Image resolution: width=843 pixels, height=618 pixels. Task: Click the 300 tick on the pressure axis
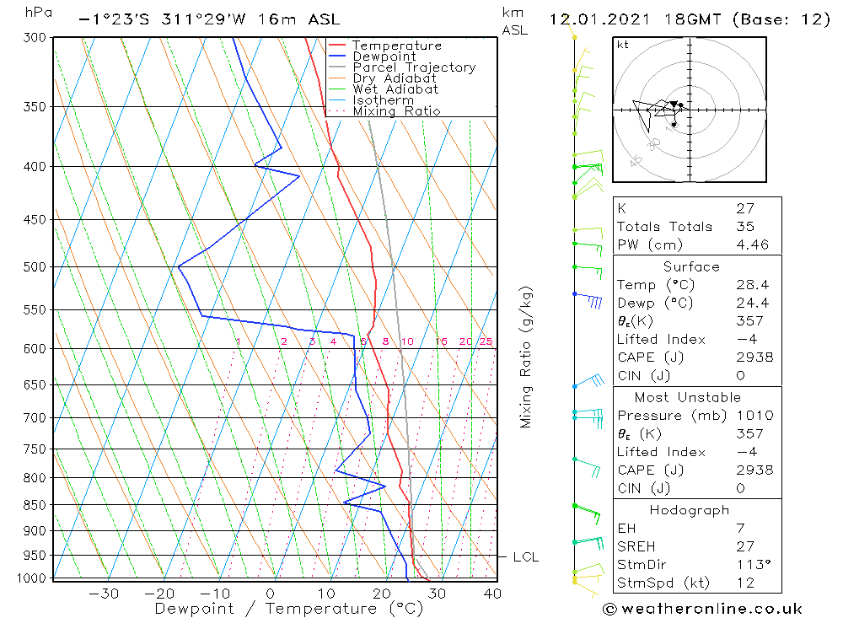point(34,38)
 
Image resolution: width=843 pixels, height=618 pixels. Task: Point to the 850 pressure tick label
point(34,505)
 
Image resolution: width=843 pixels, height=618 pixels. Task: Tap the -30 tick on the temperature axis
point(104,594)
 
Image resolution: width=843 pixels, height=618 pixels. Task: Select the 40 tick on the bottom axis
point(492,594)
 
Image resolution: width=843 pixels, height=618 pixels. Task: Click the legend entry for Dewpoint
point(384,56)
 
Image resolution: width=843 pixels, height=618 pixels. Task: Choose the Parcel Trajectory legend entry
point(414,67)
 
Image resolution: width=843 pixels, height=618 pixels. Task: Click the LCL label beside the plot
point(525,557)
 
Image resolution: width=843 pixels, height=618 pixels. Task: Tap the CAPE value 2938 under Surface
point(754,357)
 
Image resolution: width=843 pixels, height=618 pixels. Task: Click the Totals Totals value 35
point(744,226)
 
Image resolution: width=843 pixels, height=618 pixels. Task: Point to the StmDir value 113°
point(752,564)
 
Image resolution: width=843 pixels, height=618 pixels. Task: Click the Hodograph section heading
point(690,510)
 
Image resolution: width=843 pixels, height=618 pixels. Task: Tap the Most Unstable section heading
point(689,397)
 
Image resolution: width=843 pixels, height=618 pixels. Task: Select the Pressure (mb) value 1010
point(754,415)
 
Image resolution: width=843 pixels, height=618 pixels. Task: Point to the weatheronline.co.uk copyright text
point(701,609)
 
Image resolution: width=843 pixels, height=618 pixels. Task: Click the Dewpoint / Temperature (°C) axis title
point(277,609)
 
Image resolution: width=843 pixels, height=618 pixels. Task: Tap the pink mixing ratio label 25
point(486,341)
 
